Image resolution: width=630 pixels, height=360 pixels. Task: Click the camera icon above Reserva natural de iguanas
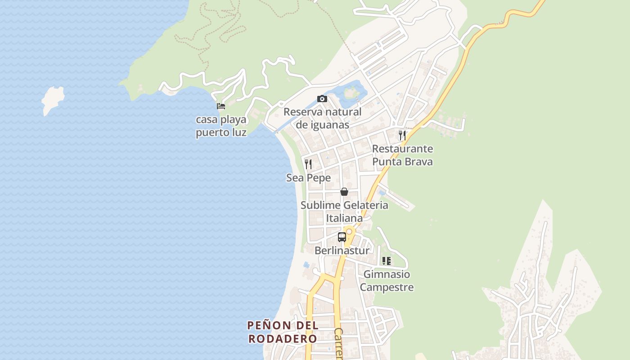pyautogui.click(x=322, y=99)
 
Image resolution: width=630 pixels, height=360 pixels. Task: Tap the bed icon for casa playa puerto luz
pyautogui.click(x=220, y=106)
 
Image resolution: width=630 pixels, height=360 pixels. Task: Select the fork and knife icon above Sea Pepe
pyautogui.click(x=308, y=164)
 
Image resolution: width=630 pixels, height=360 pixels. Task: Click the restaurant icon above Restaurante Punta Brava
pyautogui.click(x=402, y=135)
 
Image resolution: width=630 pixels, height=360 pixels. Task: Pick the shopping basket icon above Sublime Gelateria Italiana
pyautogui.click(x=344, y=192)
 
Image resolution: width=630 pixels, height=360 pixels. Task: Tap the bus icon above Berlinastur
pyautogui.click(x=342, y=237)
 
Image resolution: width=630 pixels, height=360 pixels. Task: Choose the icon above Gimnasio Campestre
pyautogui.click(x=386, y=261)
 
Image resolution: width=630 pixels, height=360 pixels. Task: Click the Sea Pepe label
pyautogui.click(x=309, y=178)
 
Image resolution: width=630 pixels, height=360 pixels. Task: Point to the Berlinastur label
pyautogui.click(x=342, y=250)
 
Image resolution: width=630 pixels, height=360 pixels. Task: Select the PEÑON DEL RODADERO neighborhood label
pyautogui.click(x=283, y=332)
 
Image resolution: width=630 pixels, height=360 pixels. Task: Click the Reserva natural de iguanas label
pyautogui.click(x=323, y=118)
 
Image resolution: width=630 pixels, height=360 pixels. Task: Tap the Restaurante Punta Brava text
pyautogui.click(x=402, y=155)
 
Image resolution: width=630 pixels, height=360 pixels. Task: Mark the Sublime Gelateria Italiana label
pyautogui.click(x=344, y=211)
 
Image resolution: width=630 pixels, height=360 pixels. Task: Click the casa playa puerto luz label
pyautogui.click(x=221, y=126)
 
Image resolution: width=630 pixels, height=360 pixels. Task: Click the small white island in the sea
pyautogui.click(x=53, y=100)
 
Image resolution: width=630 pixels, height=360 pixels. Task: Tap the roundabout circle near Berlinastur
pyautogui.click(x=349, y=231)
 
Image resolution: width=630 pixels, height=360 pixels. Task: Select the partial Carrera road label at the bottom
pyautogui.click(x=338, y=344)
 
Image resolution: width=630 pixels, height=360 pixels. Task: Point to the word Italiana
pyautogui.click(x=344, y=218)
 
